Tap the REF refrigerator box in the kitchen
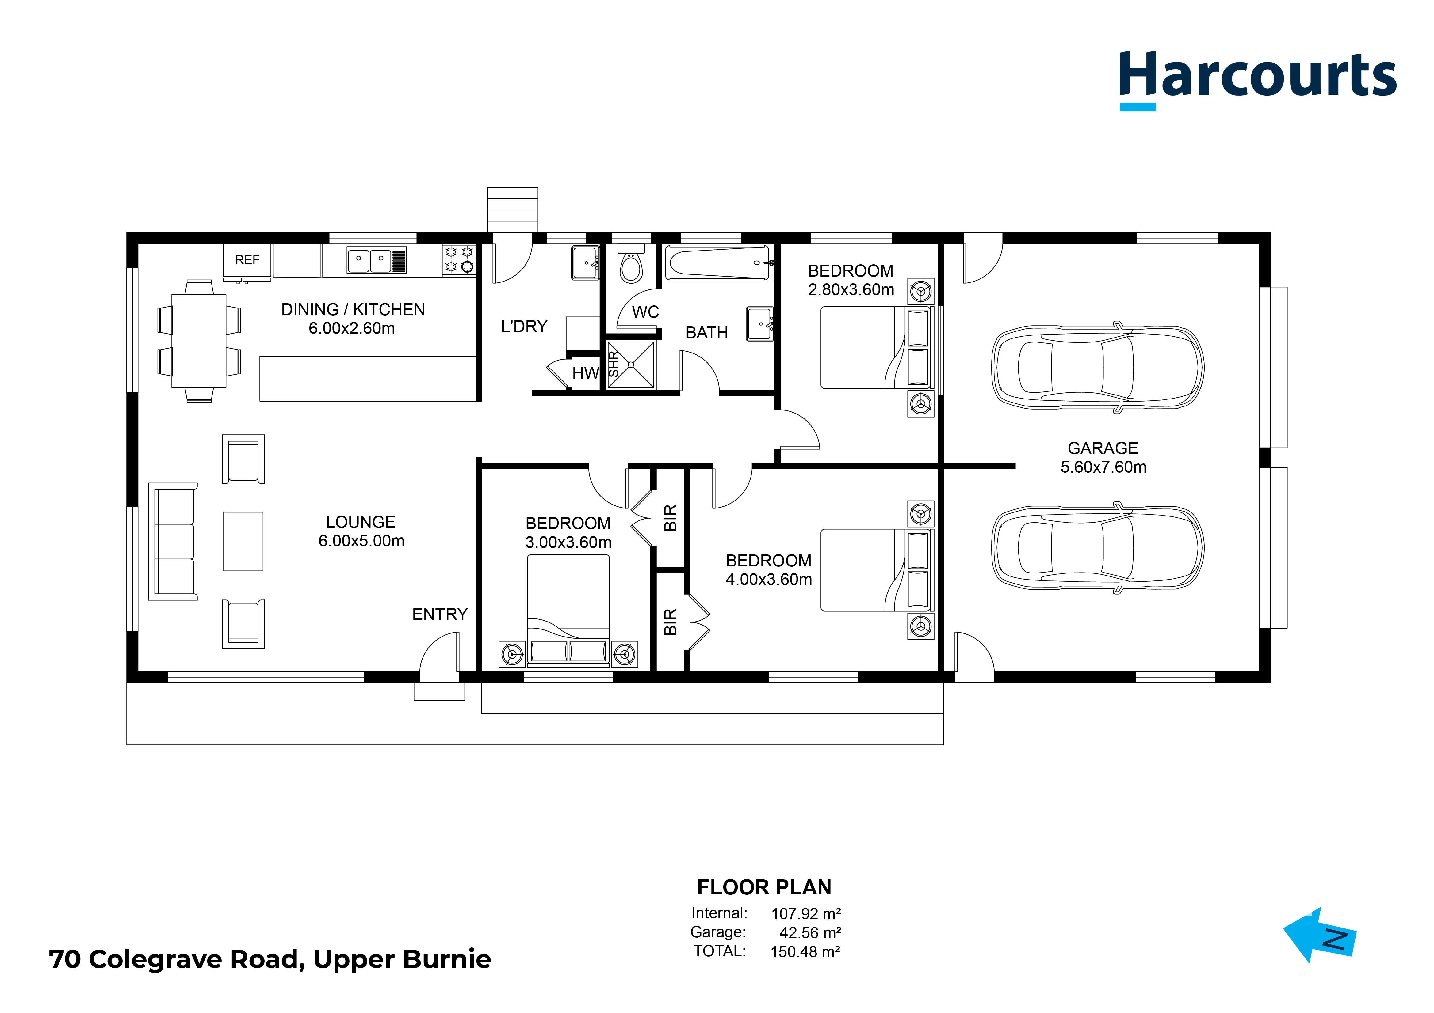point(247,260)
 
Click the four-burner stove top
point(459,260)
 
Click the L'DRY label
point(524,327)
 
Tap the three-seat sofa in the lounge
point(173,541)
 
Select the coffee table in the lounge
point(243,541)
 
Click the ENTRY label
point(440,615)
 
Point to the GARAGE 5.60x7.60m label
point(1103,458)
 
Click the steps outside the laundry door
point(512,210)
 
